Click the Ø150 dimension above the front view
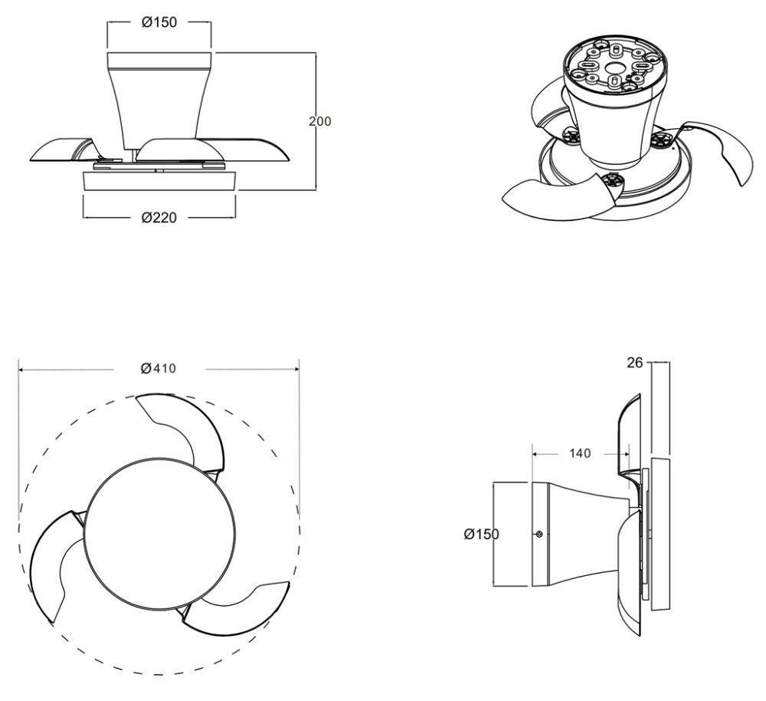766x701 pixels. point(159,22)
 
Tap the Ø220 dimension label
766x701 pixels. point(159,217)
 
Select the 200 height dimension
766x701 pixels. point(320,121)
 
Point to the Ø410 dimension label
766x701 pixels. point(159,368)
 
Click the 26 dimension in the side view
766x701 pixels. point(634,363)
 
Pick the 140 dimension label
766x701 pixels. point(580,453)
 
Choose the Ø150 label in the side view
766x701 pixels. point(482,534)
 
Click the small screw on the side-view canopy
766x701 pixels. point(538,534)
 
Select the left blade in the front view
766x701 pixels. point(61,150)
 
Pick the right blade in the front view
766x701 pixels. point(213,150)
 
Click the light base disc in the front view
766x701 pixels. point(160,180)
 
